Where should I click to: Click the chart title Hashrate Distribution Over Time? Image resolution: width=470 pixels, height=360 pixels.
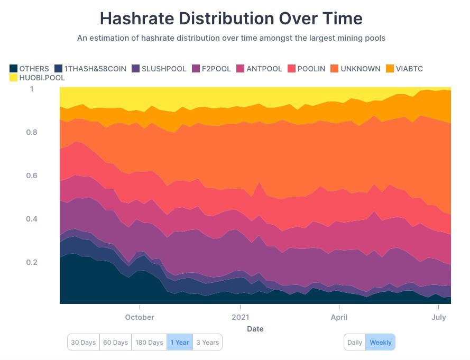coord(231,19)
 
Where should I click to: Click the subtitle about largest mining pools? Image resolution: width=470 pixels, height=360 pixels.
coord(232,38)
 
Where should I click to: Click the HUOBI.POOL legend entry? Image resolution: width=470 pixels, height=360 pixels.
coord(40,78)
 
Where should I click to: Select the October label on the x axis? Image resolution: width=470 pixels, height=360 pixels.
coord(140,317)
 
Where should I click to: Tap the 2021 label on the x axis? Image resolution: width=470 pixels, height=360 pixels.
coord(241,317)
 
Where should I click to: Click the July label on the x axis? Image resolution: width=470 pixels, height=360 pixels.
coord(438,317)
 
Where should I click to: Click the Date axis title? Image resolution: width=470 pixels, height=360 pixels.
coord(255,329)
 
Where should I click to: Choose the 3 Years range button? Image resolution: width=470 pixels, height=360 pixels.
coord(207,342)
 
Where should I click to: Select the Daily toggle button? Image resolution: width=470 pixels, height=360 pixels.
coord(355,342)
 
